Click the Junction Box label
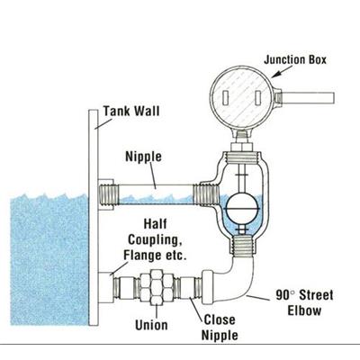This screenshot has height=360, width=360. pyautogui.click(x=295, y=59)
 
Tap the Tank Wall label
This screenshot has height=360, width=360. pyautogui.click(x=131, y=111)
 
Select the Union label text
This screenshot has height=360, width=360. pyautogui.click(x=151, y=325)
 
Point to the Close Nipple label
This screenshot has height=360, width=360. pyautogui.click(x=220, y=328)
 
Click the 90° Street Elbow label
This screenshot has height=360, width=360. pyautogui.click(x=304, y=302)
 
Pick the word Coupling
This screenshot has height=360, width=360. pyautogui.click(x=153, y=239)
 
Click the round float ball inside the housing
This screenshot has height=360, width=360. pyautogui.click(x=242, y=208)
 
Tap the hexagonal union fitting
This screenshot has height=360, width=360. pyautogui.click(x=156, y=287)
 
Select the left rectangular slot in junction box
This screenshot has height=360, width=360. pyautogui.click(x=227, y=99)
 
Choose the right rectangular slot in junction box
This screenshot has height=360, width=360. pyautogui.click(x=258, y=99)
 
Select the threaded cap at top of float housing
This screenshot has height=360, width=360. pyautogui.click(x=242, y=157)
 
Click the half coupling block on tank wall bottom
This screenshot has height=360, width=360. pyautogui.click(x=104, y=287)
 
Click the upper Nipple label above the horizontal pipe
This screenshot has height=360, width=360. pyautogui.click(x=143, y=157)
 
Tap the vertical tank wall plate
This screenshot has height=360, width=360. pyautogui.click(x=94, y=217)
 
